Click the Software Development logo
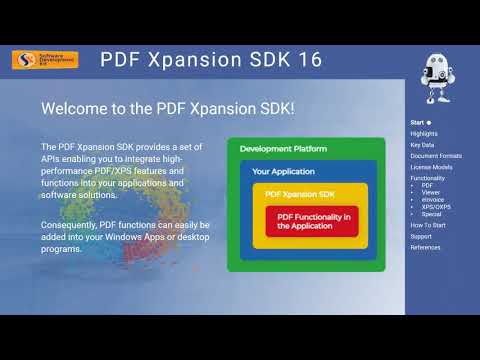coord(44,60)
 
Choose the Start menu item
coord(418,122)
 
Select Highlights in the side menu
coord(424,133)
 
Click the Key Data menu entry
coord(422,144)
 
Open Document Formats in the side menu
coord(436,155)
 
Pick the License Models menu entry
coord(431,166)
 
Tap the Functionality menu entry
coord(428,178)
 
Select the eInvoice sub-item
coord(432,199)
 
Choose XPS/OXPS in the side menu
coord(436,206)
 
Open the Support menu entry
coord(421,236)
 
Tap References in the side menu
coord(425,247)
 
